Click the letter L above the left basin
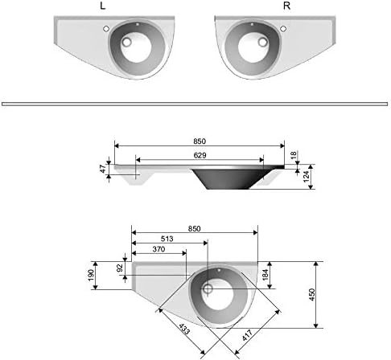click(102, 6)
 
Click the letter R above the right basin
click(286, 6)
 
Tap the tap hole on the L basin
click(106, 28)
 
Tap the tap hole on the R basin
click(283, 28)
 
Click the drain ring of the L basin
click(126, 42)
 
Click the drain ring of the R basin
click(262, 42)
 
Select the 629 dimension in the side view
click(200, 155)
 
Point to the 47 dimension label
click(103, 169)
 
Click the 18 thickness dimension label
click(294, 155)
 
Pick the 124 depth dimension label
click(307, 177)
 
